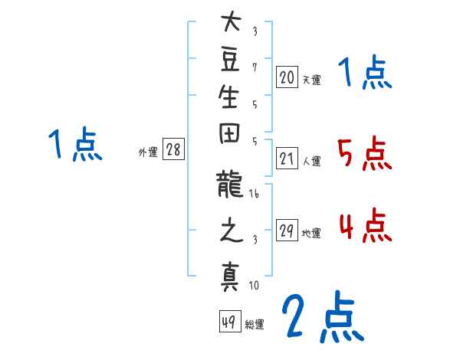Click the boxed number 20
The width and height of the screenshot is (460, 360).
pos(287,77)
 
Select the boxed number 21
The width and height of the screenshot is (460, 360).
pos(287,159)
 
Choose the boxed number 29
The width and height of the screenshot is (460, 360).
pos(287,231)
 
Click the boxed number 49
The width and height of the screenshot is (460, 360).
pos(229,322)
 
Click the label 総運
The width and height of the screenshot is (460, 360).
pos(255,324)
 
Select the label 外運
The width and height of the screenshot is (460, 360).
pos(148,152)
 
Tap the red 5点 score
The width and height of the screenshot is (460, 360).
pos(364,155)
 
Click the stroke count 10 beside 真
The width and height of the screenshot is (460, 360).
pos(254,286)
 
